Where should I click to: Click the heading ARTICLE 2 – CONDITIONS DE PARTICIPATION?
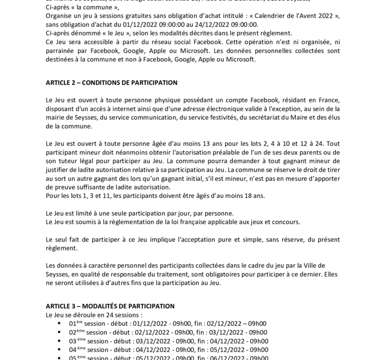[111, 83]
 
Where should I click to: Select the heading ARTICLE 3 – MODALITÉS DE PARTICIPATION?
[110, 306]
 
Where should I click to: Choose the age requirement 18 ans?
[252, 196]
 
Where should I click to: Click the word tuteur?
[67, 161]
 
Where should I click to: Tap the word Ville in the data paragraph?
[317, 266]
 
